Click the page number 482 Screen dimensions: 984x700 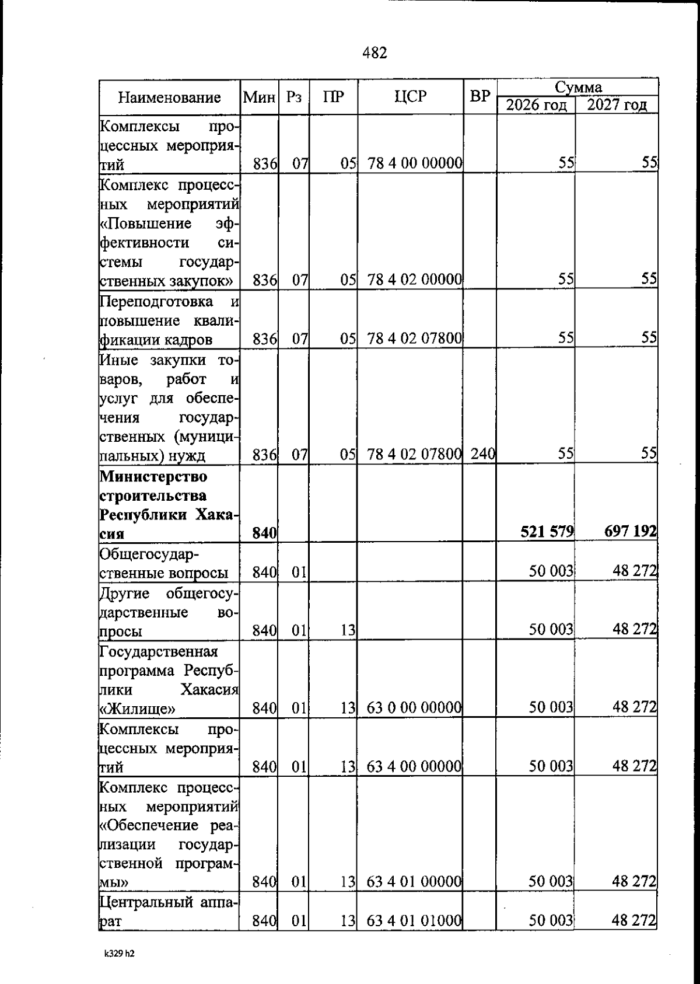[374, 54]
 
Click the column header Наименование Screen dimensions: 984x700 [170, 97]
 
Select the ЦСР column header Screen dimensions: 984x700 [410, 97]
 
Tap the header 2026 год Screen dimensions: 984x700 [536, 106]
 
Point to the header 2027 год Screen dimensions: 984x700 [617, 106]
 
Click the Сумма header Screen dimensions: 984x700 [577, 88]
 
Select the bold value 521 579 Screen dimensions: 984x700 [548, 532]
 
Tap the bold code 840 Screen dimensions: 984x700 [264, 533]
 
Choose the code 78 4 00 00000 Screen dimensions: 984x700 [415, 163]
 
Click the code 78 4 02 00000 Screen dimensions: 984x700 [415, 280]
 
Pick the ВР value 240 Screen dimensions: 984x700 [482, 453]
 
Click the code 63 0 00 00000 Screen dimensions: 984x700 [415, 708]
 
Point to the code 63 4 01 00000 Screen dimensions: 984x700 [415, 881]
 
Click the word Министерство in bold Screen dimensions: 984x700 [153, 477]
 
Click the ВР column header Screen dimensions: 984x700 [480, 97]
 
